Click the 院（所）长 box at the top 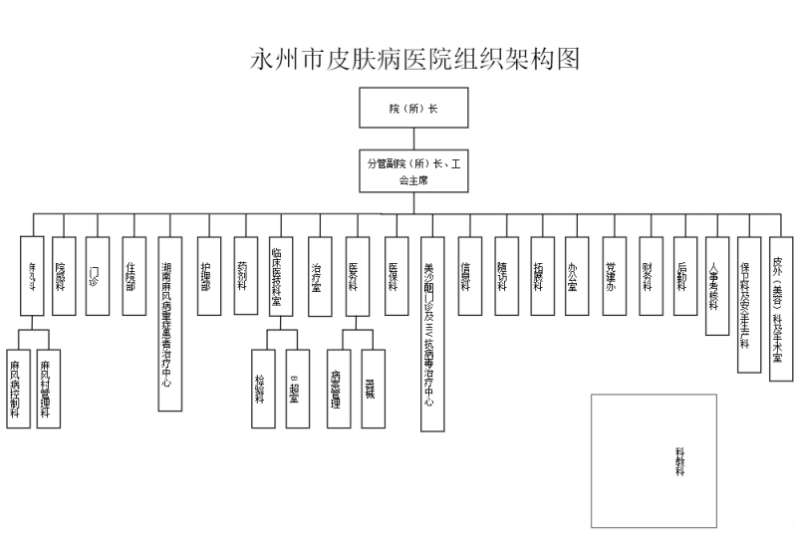tap(412, 108)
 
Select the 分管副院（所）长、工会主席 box tap(412, 169)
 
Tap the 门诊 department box tap(96, 262)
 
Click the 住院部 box tap(133, 262)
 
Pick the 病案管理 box tap(338, 389)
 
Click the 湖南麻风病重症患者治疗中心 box tap(169, 323)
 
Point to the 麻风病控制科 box tap(16, 389)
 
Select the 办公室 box tap(576, 275)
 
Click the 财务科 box tap(651, 275)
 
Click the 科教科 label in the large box tap(680, 461)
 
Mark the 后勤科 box tap(685, 275)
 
